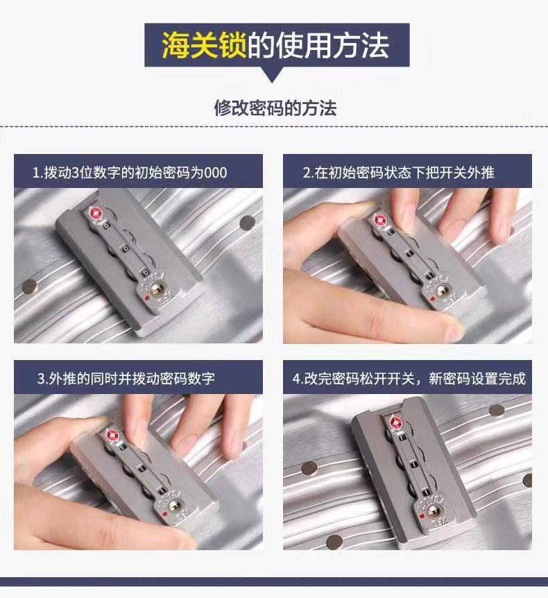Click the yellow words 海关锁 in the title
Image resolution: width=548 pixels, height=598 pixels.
tap(204, 45)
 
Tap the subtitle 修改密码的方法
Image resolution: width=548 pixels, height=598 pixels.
tap(275, 108)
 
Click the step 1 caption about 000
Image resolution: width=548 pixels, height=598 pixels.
tap(130, 172)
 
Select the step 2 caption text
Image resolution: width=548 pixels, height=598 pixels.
tap(398, 172)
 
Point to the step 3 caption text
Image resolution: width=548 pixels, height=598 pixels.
tap(126, 379)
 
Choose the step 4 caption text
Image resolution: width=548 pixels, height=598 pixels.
tap(409, 379)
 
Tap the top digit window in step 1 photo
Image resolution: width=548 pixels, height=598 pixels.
tap(106, 225)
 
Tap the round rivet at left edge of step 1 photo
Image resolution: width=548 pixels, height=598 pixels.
tap(30, 286)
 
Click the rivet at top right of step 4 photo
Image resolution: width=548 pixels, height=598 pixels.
tap(497, 411)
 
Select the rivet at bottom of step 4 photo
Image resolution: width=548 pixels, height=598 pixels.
tap(334, 540)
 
